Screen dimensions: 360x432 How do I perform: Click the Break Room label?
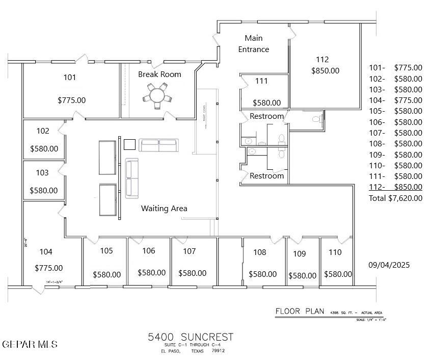159,74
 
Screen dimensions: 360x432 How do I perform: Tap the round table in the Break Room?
158,95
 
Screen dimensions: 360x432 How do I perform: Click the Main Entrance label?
254,44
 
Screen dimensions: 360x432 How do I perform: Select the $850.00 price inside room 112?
325,71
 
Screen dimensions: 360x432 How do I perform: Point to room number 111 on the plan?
261,81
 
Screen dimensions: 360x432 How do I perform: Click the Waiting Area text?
164,209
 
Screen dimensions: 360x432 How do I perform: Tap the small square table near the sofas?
129,145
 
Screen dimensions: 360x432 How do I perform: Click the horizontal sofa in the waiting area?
159,146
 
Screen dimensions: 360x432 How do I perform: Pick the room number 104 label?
46,252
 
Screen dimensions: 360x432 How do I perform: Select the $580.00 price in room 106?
152,273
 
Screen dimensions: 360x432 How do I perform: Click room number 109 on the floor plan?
300,254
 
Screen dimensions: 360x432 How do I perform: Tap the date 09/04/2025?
389,265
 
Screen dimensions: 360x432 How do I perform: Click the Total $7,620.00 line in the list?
395,198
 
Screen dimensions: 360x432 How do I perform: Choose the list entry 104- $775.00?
395,100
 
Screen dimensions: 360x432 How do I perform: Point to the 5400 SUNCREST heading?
191,337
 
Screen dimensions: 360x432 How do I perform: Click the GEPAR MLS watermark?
30,345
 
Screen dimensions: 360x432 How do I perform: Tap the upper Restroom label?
266,117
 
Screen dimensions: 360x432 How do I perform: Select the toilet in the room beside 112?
316,119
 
